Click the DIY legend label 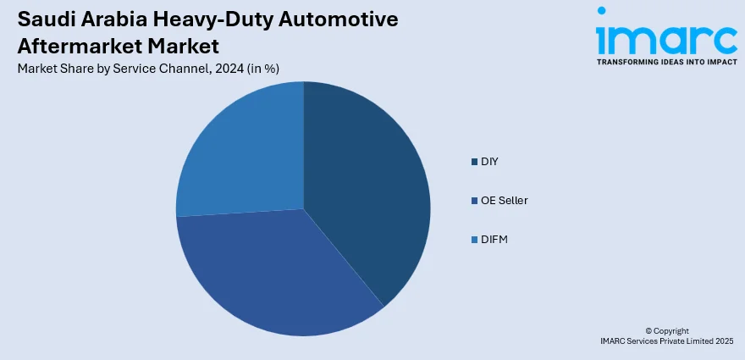pyautogui.click(x=488, y=161)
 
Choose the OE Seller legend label pyautogui.click(x=504, y=200)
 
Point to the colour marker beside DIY pyautogui.click(x=474, y=161)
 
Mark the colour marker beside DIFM pyautogui.click(x=474, y=240)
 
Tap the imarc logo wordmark pyautogui.click(x=665, y=36)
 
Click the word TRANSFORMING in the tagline pyautogui.click(x=627, y=62)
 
